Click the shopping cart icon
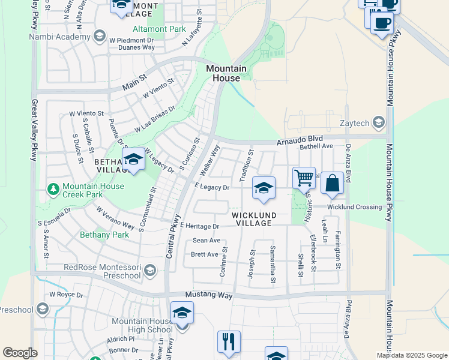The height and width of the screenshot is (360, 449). pos(304,177)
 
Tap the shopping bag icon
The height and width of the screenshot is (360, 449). pos(332,183)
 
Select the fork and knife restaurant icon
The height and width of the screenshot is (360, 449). pos(229,341)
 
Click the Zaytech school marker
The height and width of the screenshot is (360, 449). pos(379,123)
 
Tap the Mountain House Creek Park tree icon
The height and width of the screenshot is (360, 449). pos(53,190)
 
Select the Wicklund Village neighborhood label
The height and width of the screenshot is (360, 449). pos(254,219)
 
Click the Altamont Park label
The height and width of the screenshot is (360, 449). pos(159,28)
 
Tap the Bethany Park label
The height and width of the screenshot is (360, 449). pos(104,235)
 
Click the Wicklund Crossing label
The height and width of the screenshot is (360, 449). pos(354,207)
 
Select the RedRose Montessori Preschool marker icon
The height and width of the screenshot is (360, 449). pos(149,271)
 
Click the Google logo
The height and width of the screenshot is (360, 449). pos(20,352)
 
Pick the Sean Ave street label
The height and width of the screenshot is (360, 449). pos(206,241)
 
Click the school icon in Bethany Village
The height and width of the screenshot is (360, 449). pos(133,159)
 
